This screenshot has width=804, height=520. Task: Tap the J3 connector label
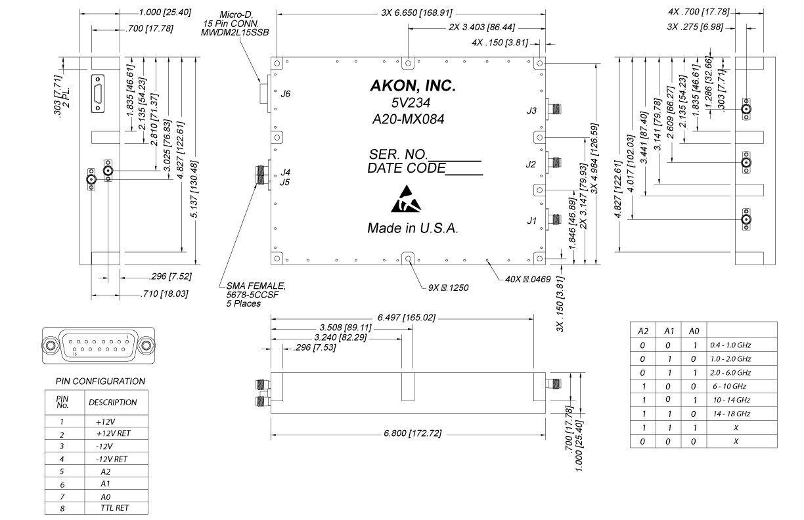[532, 112]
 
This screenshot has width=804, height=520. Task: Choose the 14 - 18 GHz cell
[730, 414]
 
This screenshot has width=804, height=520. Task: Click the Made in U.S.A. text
[413, 229]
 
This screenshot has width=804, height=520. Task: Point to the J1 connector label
[532, 221]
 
